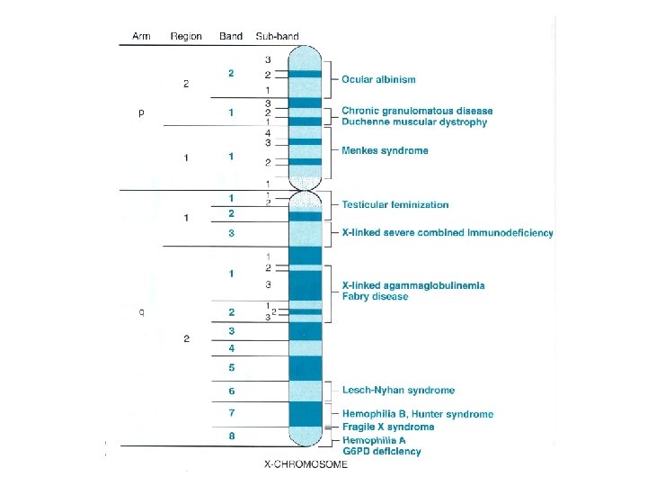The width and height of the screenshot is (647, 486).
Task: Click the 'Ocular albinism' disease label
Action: pyautogui.click(x=378, y=80)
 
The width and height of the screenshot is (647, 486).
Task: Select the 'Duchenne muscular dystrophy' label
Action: pyautogui.click(x=414, y=122)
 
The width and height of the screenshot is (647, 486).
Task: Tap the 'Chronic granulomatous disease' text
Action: pyautogui.click(x=417, y=112)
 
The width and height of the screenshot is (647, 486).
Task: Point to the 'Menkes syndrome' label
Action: pyautogui.click(x=385, y=150)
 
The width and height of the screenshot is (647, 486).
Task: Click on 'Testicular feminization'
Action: pyautogui.click(x=395, y=205)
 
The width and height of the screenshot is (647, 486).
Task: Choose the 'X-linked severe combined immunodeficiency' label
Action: pyautogui.click(x=448, y=233)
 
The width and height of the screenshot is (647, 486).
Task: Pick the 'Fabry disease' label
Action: pyautogui.click(x=376, y=296)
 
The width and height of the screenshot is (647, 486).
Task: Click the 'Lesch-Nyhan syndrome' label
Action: pyautogui.click(x=398, y=391)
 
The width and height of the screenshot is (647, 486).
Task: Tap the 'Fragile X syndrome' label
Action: pyautogui.click(x=388, y=427)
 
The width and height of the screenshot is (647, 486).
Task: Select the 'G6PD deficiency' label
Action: pyautogui.click(x=381, y=451)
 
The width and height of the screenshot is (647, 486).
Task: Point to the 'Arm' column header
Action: pyautogui.click(x=141, y=37)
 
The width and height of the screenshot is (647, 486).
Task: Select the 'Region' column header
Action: pyautogui.click(x=186, y=37)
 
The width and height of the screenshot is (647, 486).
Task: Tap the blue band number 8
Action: pyautogui.click(x=231, y=436)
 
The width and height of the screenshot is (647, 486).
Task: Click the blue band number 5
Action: pyautogui.click(x=231, y=368)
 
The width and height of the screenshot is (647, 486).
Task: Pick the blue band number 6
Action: pyautogui.click(x=231, y=391)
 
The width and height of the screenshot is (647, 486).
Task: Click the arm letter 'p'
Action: pyautogui.click(x=141, y=113)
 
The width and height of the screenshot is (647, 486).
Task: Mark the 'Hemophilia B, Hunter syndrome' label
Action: pyautogui.click(x=417, y=415)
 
